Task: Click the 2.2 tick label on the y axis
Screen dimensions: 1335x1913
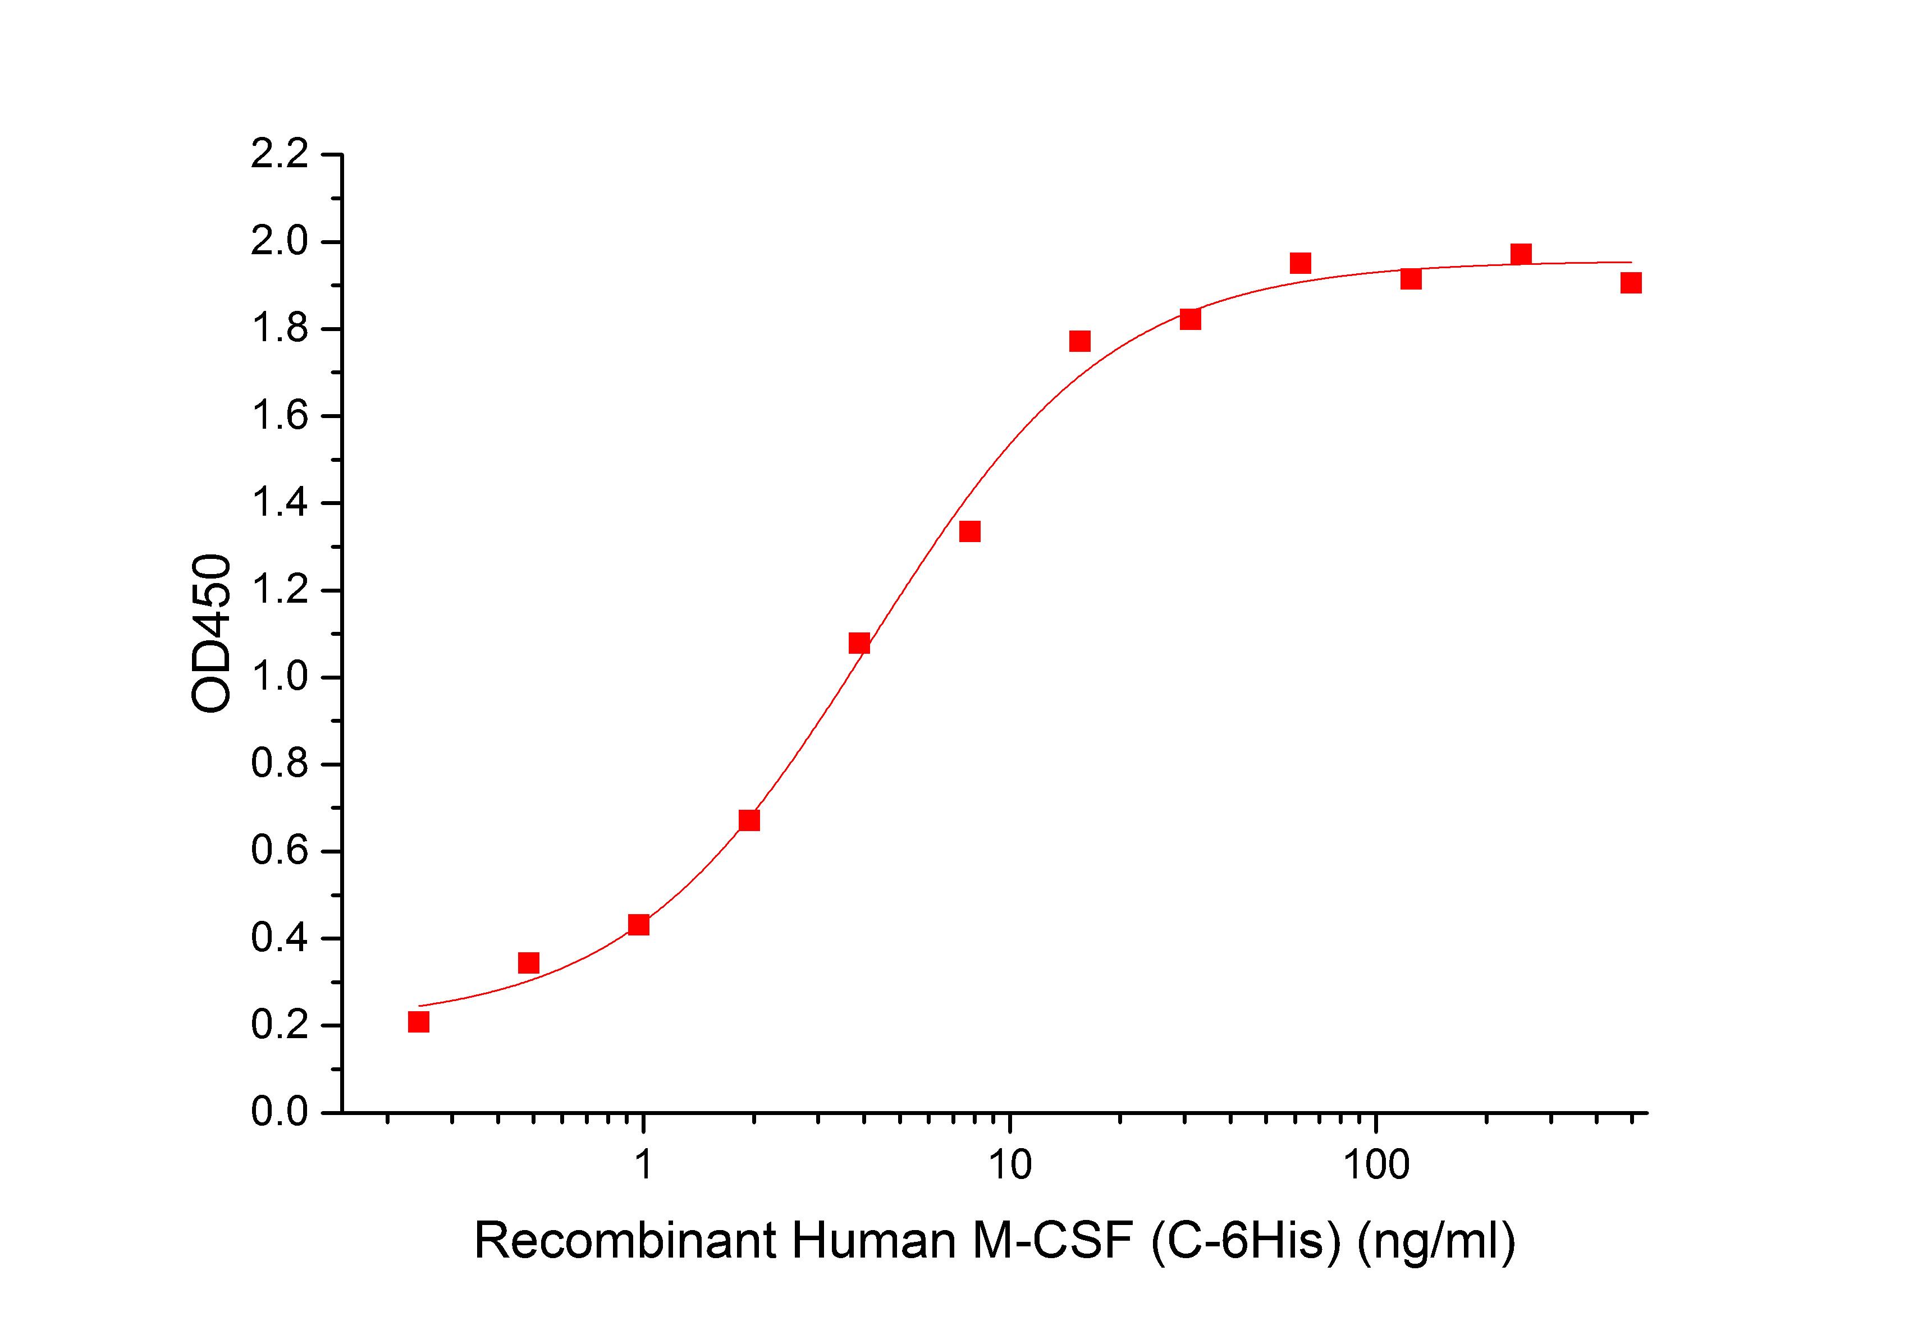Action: [x=279, y=156]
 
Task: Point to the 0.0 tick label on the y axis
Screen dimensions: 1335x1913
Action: [x=279, y=1113]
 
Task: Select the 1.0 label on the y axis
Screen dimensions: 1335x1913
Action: [x=279, y=677]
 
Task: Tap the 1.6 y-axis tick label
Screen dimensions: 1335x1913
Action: [x=279, y=416]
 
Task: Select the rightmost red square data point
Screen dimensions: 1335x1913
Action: [x=1631, y=283]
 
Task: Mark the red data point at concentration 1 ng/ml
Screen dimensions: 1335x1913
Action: [x=639, y=924]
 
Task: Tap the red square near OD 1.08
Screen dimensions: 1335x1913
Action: [x=859, y=643]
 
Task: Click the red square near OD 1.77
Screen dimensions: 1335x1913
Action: [x=1080, y=341]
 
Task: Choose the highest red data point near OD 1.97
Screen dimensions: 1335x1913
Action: [x=1521, y=254]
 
